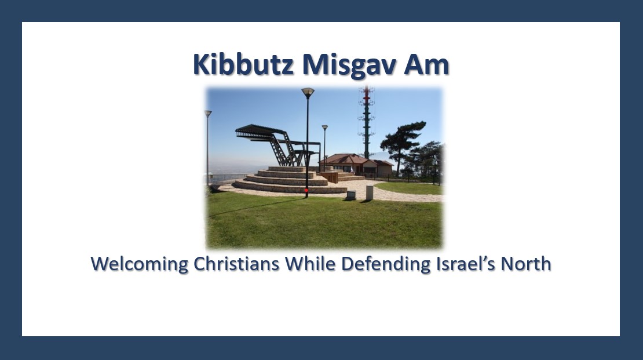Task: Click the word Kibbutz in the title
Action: click(x=243, y=65)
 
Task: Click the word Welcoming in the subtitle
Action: click(x=140, y=264)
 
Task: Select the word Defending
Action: click(x=385, y=264)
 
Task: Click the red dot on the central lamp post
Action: click(x=306, y=190)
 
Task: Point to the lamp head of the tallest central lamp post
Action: click(x=308, y=92)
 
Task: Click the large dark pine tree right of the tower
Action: click(x=404, y=139)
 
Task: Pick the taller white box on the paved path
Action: click(x=370, y=192)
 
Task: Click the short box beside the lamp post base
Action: click(x=351, y=195)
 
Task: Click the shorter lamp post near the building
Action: click(x=325, y=145)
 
